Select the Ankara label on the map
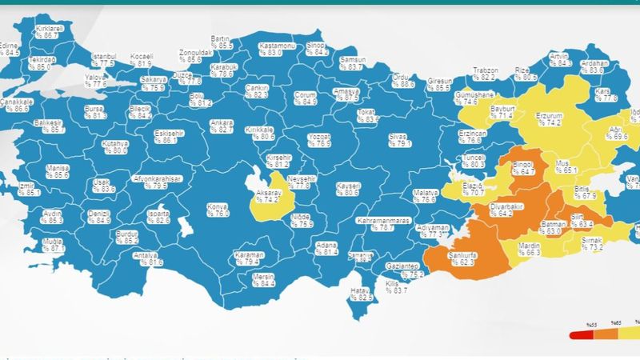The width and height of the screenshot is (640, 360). (x=221, y=122)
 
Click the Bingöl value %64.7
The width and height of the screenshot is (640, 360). (x=524, y=171)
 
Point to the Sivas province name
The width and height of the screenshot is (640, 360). (x=398, y=136)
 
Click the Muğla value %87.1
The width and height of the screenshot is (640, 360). (x=54, y=249)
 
